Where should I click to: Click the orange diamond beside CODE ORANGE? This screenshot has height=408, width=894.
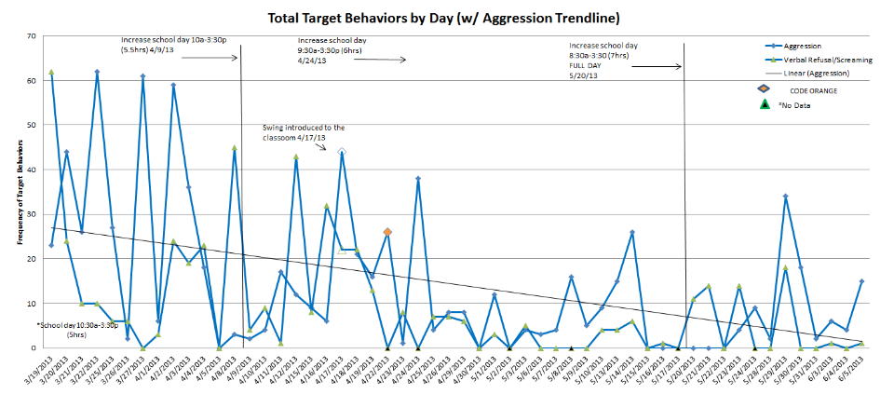coord(763,88)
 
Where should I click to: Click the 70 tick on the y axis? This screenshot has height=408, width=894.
coord(32,35)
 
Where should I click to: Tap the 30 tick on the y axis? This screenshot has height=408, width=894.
coord(32,214)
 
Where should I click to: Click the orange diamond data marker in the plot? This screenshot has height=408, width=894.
coord(387,232)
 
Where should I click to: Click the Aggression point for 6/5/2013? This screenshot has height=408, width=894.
coord(861,281)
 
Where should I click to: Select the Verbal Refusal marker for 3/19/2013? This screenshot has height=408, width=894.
coord(51,72)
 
